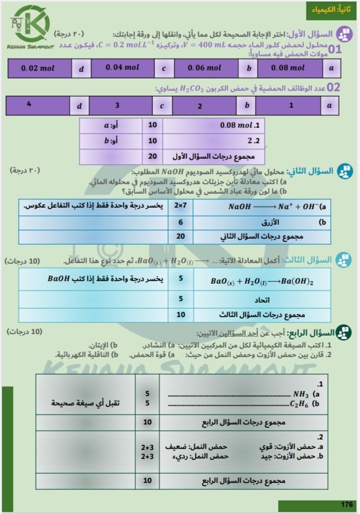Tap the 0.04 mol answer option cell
click(122, 68)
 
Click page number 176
click(346, 504)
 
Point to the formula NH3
click(301, 394)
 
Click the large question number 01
click(333, 49)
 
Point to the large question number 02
click(333, 88)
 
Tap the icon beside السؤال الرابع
click(344, 332)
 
